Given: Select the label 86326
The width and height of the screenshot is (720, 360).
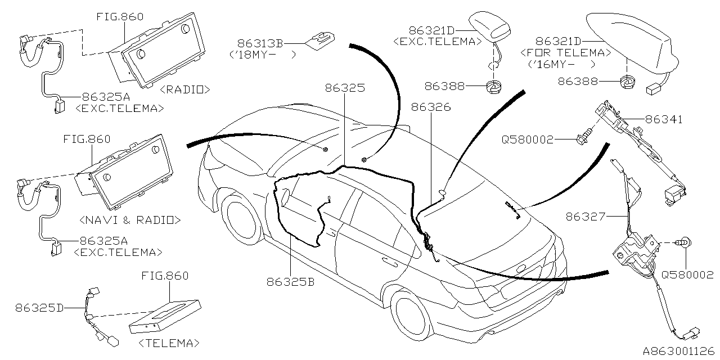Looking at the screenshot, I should (430, 106).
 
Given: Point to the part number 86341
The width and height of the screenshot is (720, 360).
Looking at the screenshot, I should (664, 119).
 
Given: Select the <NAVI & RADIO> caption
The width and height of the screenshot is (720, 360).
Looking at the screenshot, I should (130, 219).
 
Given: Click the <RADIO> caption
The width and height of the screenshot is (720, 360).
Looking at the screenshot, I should (184, 89).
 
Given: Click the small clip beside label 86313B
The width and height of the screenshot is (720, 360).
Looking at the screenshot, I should (320, 39).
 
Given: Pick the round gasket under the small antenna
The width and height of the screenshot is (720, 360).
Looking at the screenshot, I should (493, 87).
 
